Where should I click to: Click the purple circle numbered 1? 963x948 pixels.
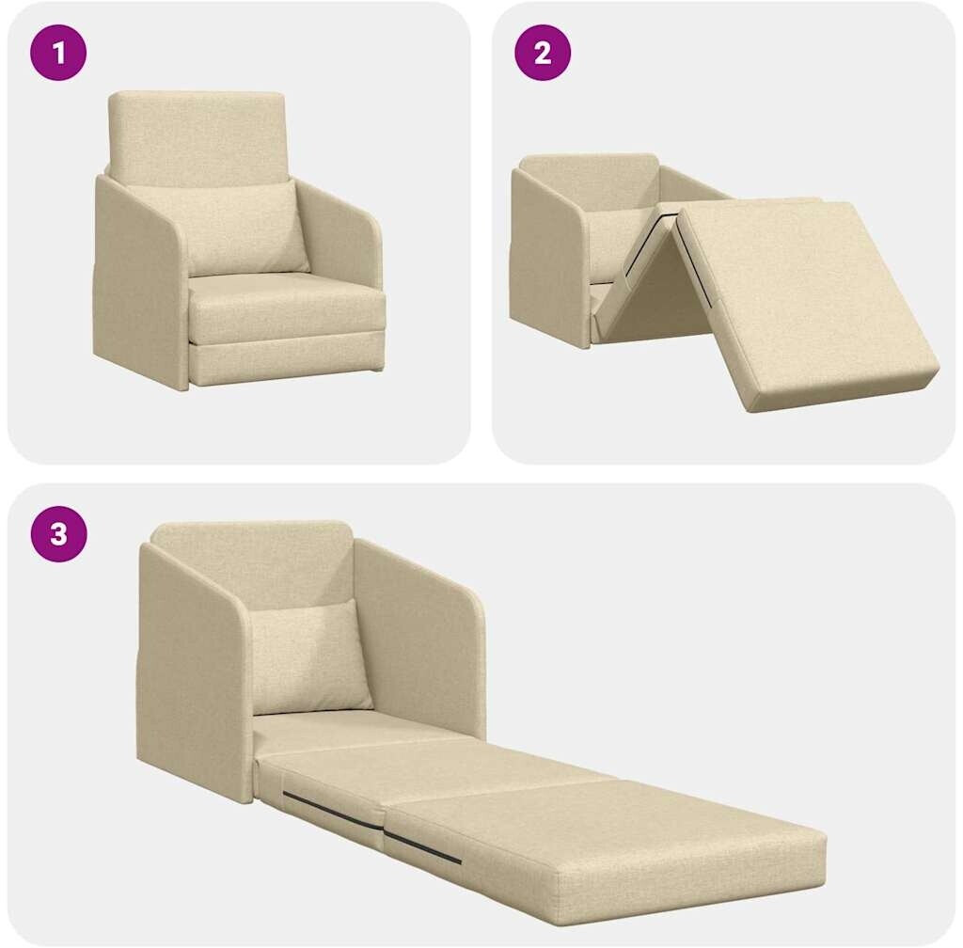point(58,53)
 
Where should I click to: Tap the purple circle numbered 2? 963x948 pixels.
point(543,53)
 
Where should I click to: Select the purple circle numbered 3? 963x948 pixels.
point(58,533)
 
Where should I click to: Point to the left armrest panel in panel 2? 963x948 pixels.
point(549,258)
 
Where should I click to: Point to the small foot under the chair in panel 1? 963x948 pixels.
point(373,371)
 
